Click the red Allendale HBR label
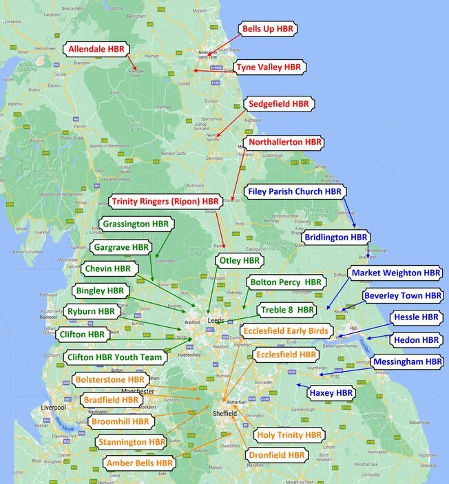coord(96,49)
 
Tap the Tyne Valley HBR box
coord(269,67)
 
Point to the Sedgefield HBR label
coord(278,104)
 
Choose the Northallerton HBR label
coord(285,143)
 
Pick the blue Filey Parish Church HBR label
coord(295,191)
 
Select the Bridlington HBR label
coord(335,237)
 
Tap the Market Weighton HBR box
coord(395,273)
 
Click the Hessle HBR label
coord(415,317)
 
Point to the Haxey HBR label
coord(331,393)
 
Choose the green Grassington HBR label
coord(136,224)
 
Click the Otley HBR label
coord(238,261)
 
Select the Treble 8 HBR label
coord(286,310)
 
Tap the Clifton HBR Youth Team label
coord(114,357)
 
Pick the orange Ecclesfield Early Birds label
coord(286,331)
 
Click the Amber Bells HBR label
coord(139,463)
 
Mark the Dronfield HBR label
coord(278,455)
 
